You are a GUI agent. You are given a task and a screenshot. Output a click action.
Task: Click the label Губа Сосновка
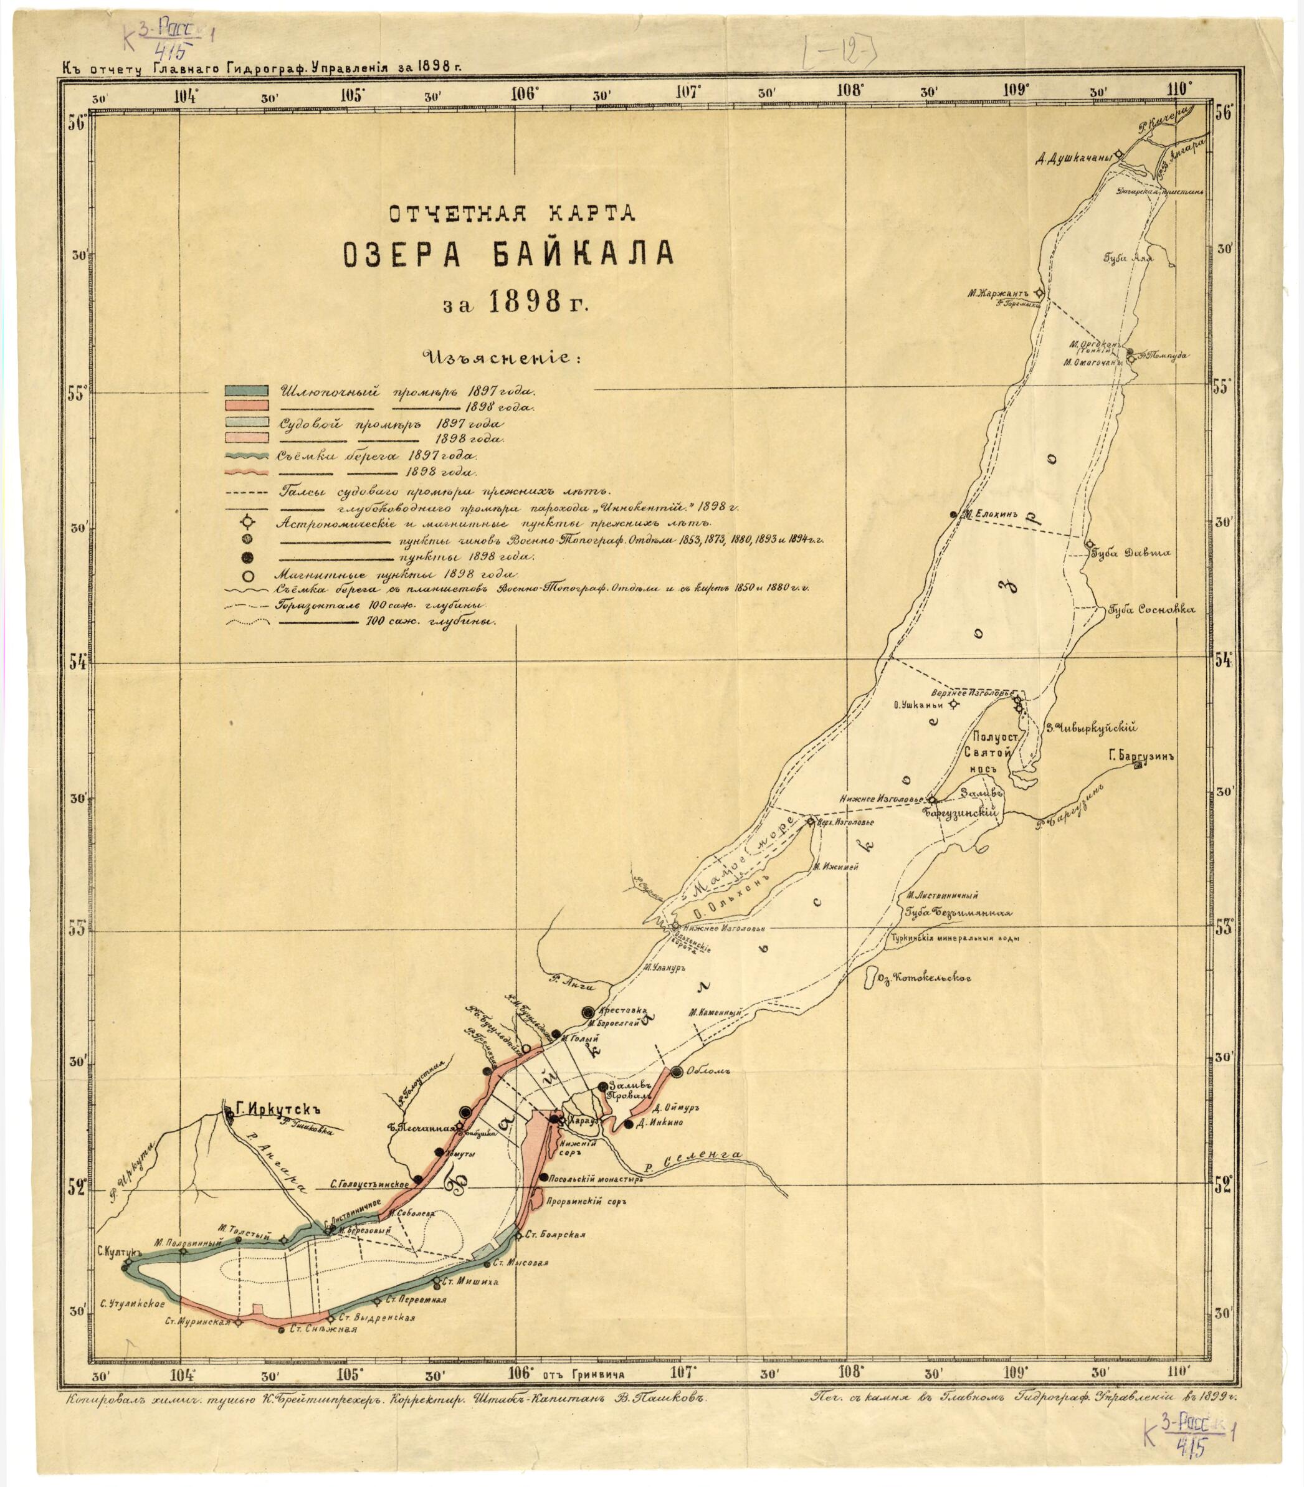(x=1151, y=610)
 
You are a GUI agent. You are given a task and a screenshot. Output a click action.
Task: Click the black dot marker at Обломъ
(x=677, y=1071)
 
